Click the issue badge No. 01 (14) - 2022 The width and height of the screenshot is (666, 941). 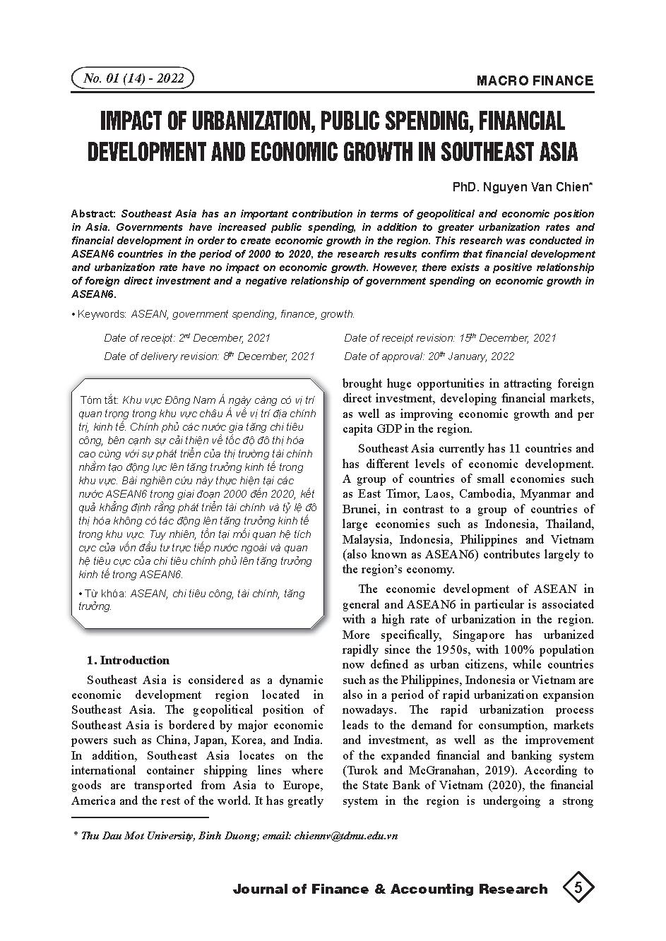pyautogui.click(x=133, y=78)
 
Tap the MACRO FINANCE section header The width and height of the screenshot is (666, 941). pyautogui.click(x=535, y=80)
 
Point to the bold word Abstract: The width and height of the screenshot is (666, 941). pyautogui.click(x=95, y=214)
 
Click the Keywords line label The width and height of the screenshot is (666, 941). pyautogui.click(x=102, y=314)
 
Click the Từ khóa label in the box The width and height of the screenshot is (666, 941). pyautogui.click(x=102, y=594)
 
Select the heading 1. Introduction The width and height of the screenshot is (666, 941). pyautogui.click(x=128, y=661)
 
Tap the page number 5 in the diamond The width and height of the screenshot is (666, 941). pyautogui.click(x=578, y=887)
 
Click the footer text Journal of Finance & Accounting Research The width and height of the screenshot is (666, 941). pyautogui.click(x=390, y=889)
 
